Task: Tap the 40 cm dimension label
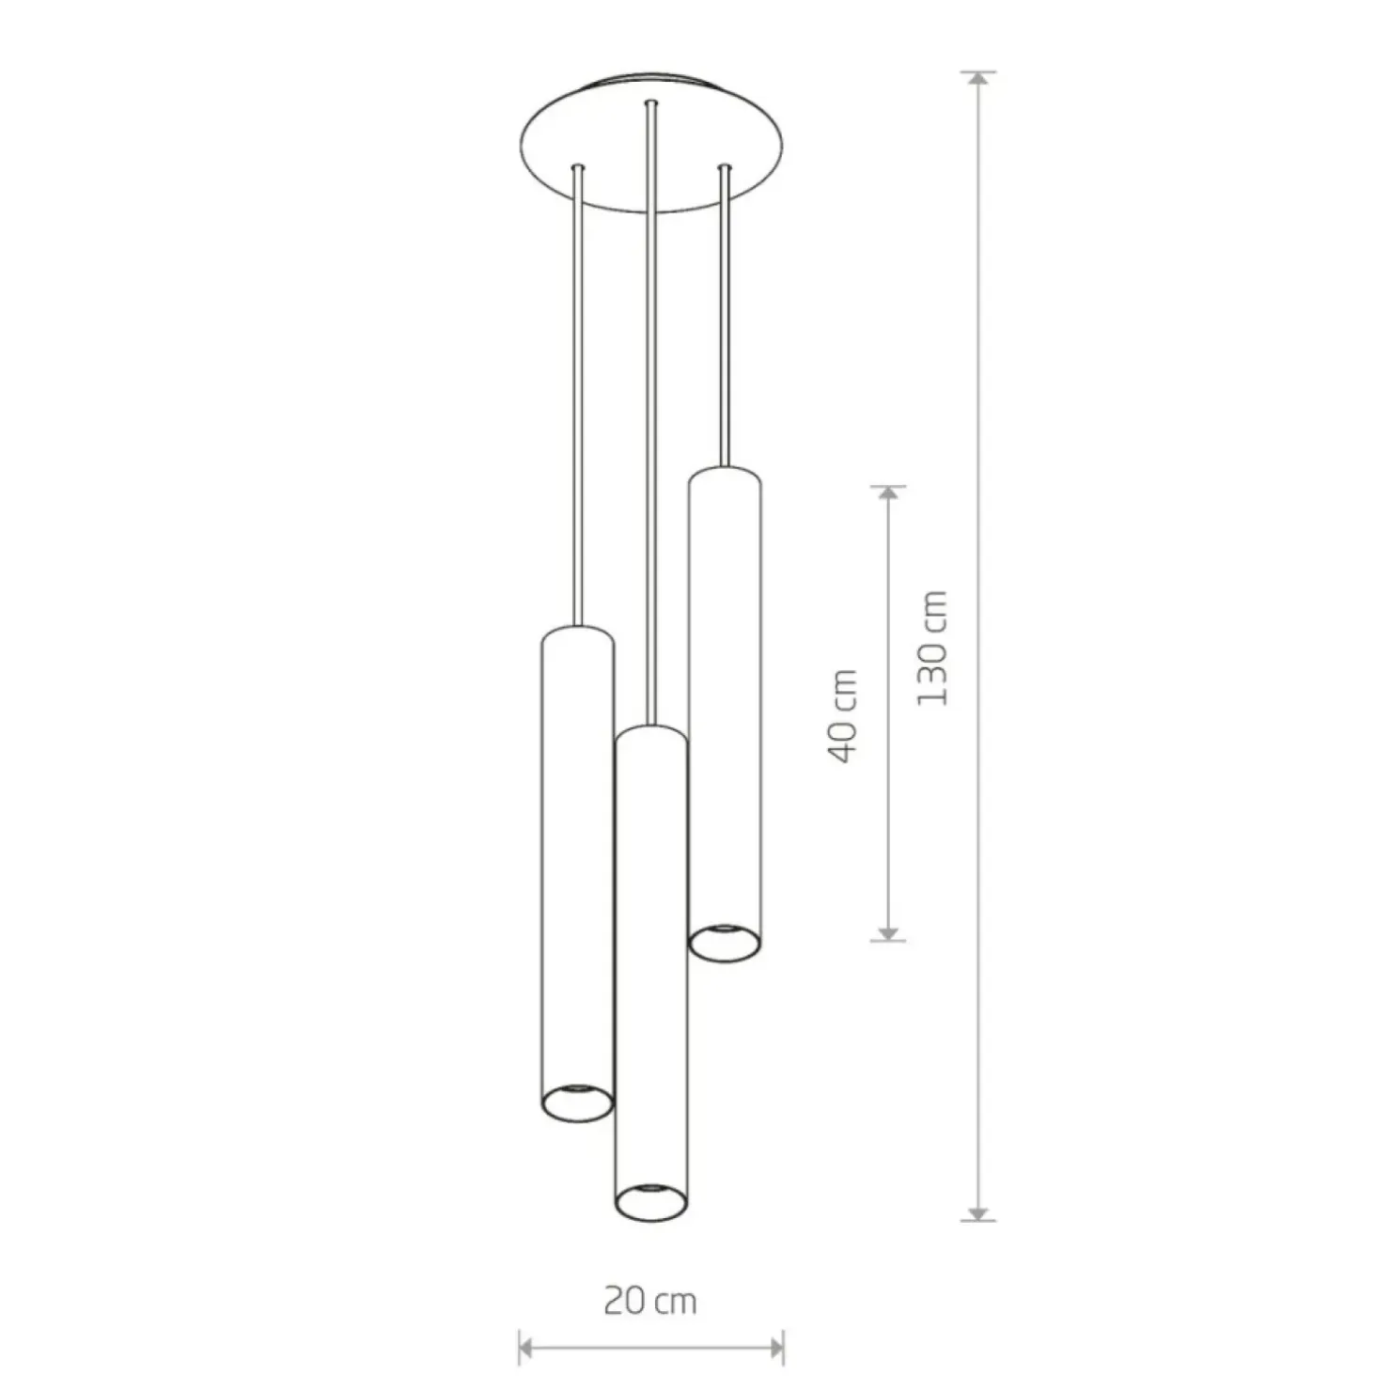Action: click(x=843, y=716)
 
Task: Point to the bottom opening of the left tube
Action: click(x=577, y=1102)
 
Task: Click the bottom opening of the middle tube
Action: click(x=650, y=1202)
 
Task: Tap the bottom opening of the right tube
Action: click(x=725, y=943)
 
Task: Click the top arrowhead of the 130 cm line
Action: click(x=978, y=79)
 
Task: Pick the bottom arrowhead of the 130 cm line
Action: click(x=978, y=1213)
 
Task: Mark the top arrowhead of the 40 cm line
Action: click(x=888, y=493)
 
